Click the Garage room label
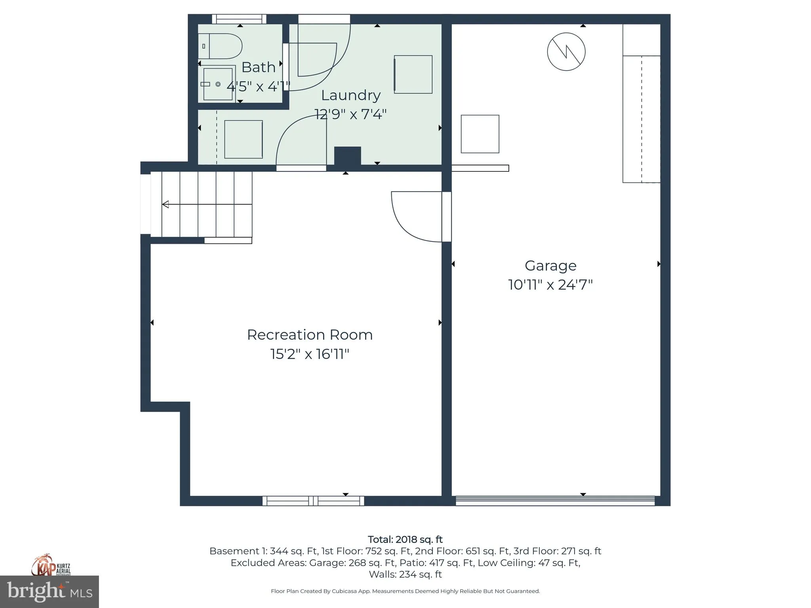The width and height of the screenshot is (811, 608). click(x=550, y=266)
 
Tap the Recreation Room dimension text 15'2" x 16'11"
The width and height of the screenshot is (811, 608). click(x=310, y=354)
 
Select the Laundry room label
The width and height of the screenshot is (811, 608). click(x=351, y=95)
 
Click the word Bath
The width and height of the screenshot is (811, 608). click(x=258, y=67)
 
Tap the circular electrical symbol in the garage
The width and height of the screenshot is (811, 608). click(x=566, y=52)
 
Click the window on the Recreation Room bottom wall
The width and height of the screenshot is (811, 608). click(x=313, y=501)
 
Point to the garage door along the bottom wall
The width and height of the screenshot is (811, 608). click(x=555, y=501)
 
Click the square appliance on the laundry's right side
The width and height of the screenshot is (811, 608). click(x=413, y=74)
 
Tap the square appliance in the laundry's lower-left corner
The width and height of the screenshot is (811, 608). click(x=244, y=139)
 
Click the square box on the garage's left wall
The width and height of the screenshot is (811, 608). click(x=480, y=134)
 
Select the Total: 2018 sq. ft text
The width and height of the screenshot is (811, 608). click(x=405, y=540)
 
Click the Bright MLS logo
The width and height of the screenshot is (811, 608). click(x=49, y=592)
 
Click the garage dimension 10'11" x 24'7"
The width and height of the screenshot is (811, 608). click(x=550, y=285)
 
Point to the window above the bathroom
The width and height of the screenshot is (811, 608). click(x=239, y=19)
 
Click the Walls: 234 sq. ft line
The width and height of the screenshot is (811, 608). click(x=405, y=574)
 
